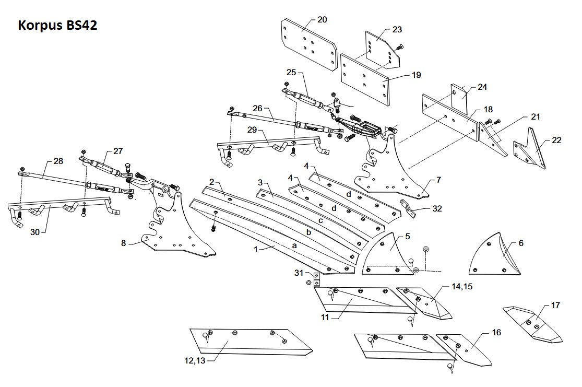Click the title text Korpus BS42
click(x=57, y=25)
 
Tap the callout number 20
click(x=322, y=19)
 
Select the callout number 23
click(x=397, y=29)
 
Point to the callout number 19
click(x=417, y=75)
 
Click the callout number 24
click(x=482, y=87)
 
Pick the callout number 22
click(x=557, y=140)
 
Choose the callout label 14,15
click(x=462, y=286)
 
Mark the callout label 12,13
click(x=195, y=360)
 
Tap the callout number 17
click(x=555, y=305)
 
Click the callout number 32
click(x=437, y=208)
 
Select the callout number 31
click(x=299, y=273)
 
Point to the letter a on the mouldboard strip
click(x=294, y=245)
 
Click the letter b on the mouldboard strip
click(x=308, y=232)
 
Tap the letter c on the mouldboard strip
click(x=320, y=220)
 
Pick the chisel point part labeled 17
click(x=532, y=324)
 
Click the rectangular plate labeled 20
click(x=309, y=44)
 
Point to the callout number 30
click(x=35, y=232)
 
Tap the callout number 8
click(x=124, y=243)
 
